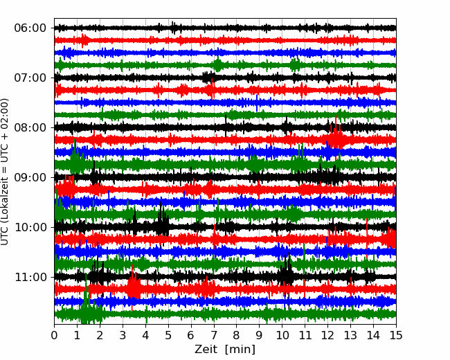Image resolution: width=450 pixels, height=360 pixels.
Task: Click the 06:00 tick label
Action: [30, 28]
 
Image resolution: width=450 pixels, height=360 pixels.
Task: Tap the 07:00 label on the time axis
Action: [30, 78]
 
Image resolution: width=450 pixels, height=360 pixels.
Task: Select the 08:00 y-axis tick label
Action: [30, 127]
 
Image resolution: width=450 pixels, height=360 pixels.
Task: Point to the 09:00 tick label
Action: [30, 177]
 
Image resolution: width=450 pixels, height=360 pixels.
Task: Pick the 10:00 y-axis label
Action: [30, 227]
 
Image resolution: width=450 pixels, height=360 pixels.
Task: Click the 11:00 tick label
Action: [30, 277]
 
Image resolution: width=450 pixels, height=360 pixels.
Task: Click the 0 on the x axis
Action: [54, 335]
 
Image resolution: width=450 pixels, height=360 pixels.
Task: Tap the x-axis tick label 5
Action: [168, 335]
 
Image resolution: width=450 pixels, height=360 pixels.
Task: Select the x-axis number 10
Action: [282, 335]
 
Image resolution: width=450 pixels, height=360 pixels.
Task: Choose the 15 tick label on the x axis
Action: [396, 335]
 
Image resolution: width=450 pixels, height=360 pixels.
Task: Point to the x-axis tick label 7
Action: [214, 335]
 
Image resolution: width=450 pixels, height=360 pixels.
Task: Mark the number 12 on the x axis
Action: [327, 335]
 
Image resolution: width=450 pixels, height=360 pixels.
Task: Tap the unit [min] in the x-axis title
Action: [240, 350]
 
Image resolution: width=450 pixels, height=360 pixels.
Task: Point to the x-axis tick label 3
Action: [123, 335]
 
